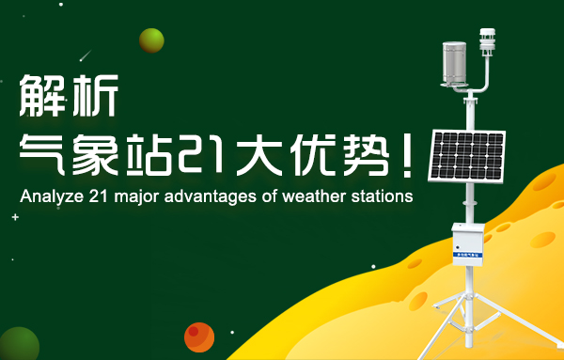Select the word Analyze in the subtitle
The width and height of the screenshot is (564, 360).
47,197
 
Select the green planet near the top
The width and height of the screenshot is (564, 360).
151,40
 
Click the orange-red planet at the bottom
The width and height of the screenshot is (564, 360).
199,337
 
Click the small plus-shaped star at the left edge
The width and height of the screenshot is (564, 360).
15,217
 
